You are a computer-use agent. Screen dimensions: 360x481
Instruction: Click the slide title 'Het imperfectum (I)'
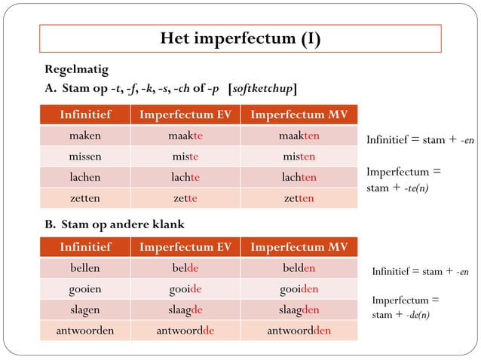[x=240, y=38]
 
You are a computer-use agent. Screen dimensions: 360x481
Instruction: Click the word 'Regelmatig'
[x=76, y=70]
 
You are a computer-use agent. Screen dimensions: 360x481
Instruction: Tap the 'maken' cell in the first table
[x=85, y=136]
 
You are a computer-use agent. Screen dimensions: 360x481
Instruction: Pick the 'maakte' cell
[x=185, y=136]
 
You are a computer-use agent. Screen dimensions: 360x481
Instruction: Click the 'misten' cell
[x=299, y=157]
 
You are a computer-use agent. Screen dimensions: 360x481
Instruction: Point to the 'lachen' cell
[x=85, y=178]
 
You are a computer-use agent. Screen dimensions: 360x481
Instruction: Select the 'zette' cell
[x=185, y=198]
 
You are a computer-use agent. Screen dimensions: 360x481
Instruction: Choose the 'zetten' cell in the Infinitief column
[x=85, y=198]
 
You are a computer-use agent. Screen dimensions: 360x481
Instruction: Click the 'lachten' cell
[x=299, y=178]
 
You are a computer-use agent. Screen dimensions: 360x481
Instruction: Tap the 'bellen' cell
[x=85, y=268]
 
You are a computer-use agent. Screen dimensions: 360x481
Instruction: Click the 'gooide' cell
[x=185, y=288]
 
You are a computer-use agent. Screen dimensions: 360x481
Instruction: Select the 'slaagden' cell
[x=299, y=310]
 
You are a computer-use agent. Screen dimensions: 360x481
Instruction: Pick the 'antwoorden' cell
[x=85, y=330]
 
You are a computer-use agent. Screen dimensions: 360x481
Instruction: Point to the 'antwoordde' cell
[x=185, y=330]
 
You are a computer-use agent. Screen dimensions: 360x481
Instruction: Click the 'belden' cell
[x=299, y=268]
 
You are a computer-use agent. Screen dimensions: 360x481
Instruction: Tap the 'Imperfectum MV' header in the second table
[x=299, y=247]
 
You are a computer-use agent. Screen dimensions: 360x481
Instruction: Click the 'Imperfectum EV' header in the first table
[x=185, y=115]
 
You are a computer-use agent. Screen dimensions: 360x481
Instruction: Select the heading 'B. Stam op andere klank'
[x=115, y=224]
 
